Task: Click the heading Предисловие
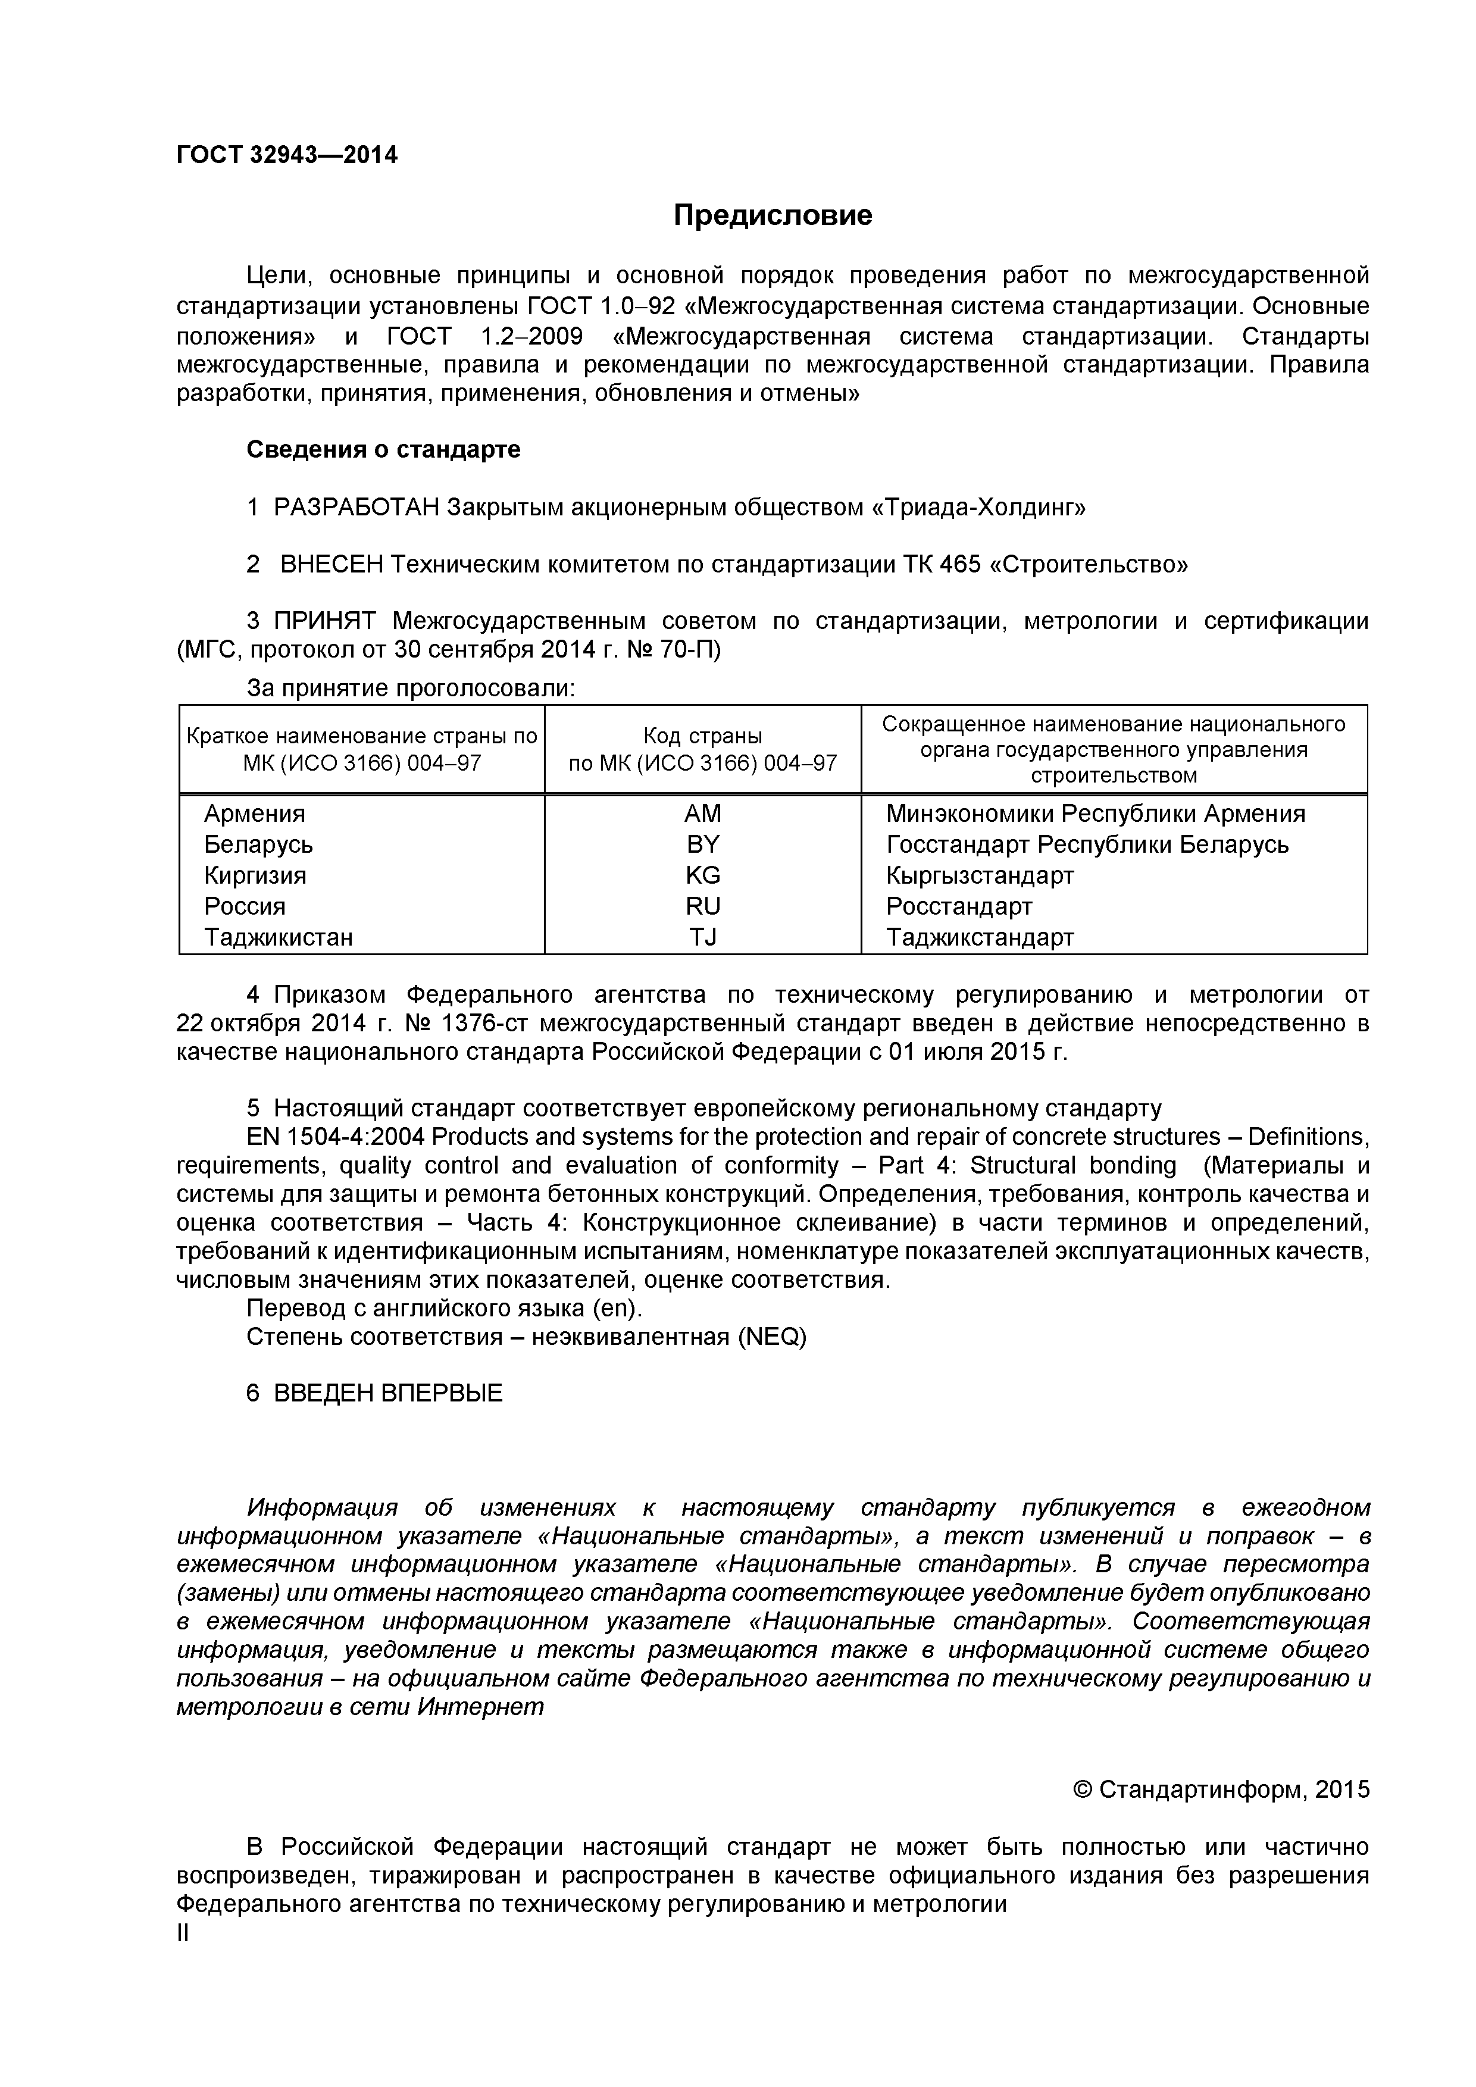(772, 215)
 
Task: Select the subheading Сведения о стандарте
(383, 450)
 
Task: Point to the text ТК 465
(942, 565)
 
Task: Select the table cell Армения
(255, 813)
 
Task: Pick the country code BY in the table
(702, 844)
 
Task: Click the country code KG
(702, 875)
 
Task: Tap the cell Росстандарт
(959, 906)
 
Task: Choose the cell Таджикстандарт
(980, 937)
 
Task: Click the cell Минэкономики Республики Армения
(1095, 813)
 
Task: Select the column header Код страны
(702, 736)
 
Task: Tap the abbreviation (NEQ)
(772, 1337)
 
